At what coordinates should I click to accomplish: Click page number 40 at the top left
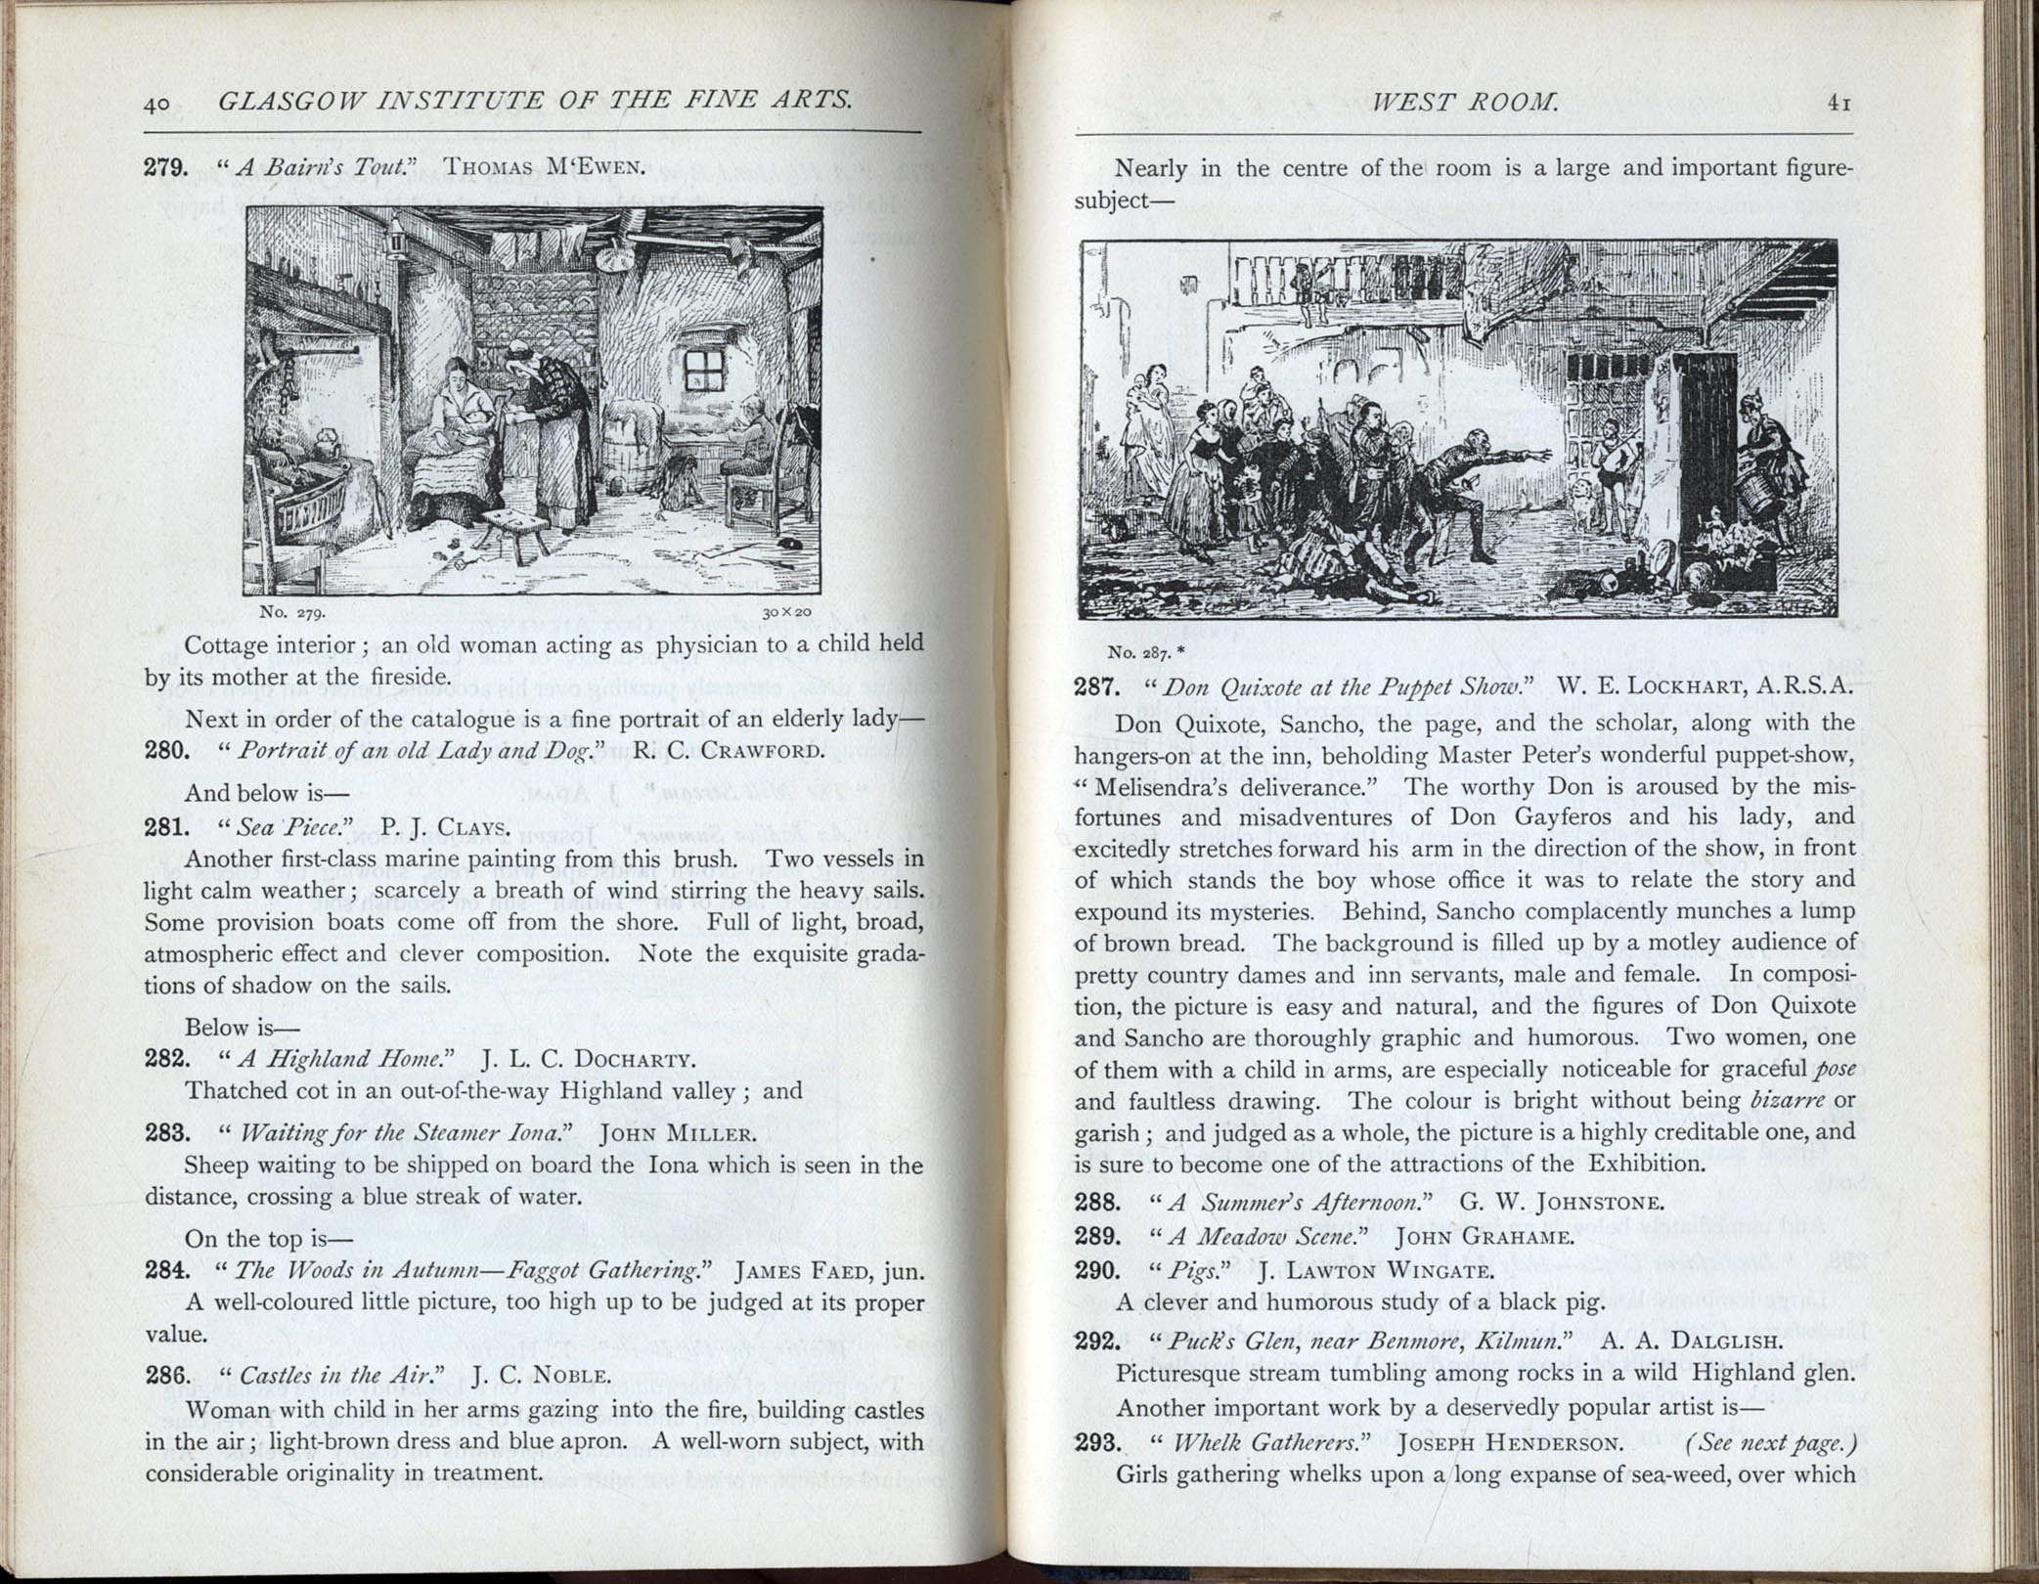pyautogui.click(x=157, y=103)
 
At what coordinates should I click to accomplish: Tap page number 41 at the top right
pyautogui.click(x=1839, y=102)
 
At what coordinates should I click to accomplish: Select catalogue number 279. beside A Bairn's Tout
pyautogui.click(x=166, y=166)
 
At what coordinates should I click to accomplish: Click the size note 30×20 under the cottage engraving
pyautogui.click(x=787, y=612)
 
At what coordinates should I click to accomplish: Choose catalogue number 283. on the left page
pyautogui.click(x=166, y=1133)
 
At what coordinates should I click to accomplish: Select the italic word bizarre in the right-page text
pyautogui.click(x=1787, y=1101)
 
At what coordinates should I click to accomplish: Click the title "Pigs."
pyautogui.click(x=1193, y=1271)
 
